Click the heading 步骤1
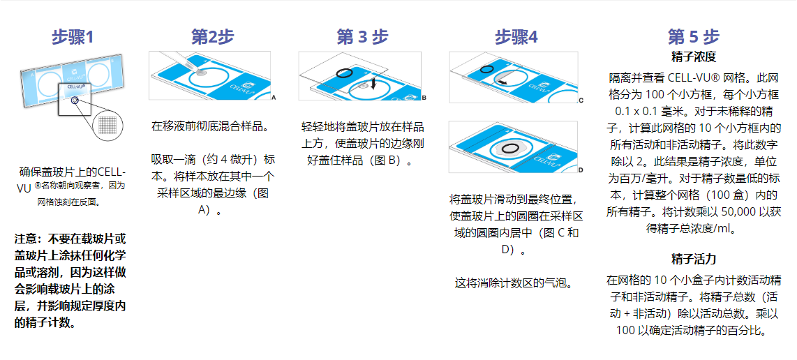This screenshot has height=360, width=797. [73, 36]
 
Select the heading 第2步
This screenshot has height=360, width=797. [212, 36]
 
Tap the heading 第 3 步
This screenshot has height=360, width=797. [362, 36]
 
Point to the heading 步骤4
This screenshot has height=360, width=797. [516, 36]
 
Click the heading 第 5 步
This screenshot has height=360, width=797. [694, 36]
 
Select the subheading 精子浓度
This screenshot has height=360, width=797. [694, 56]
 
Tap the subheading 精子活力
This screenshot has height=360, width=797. [694, 259]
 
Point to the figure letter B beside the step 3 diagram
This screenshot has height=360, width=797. [424, 98]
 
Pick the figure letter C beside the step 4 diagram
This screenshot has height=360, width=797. [581, 100]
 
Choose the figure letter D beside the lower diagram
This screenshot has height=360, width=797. [581, 170]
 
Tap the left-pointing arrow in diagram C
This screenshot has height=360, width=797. [502, 81]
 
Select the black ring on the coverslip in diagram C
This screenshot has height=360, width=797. [487, 68]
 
